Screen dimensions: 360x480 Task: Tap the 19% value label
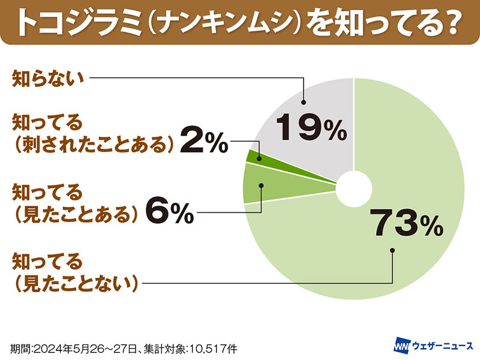click(311, 128)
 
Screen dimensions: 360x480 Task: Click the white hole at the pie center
click(353, 189)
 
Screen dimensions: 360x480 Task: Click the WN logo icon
click(401, 346)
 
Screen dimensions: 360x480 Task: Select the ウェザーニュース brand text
click(440, 346)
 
